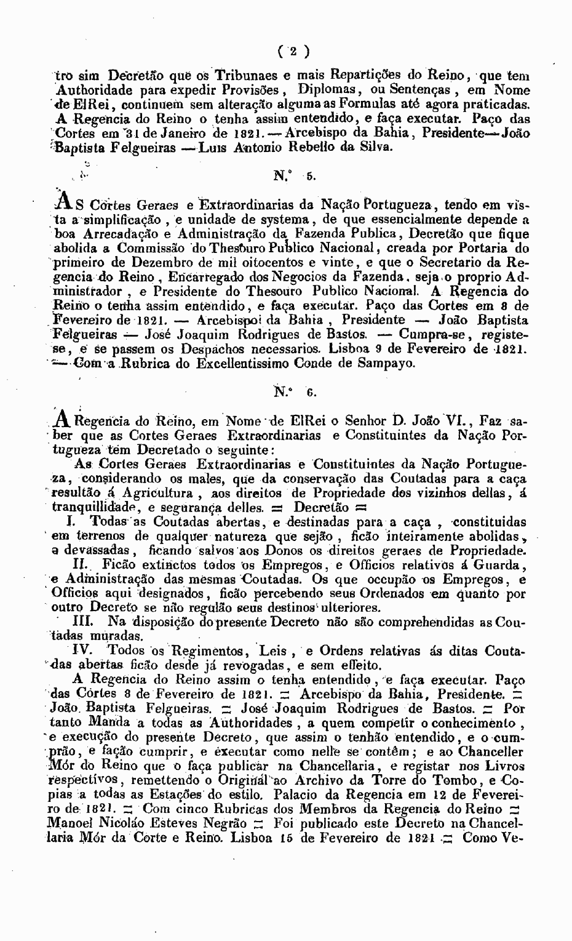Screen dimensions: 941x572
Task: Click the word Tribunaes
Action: pyautogui.click(x=240, y=75)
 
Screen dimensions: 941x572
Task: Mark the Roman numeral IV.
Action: pyautogui.click(x=83, y=651)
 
